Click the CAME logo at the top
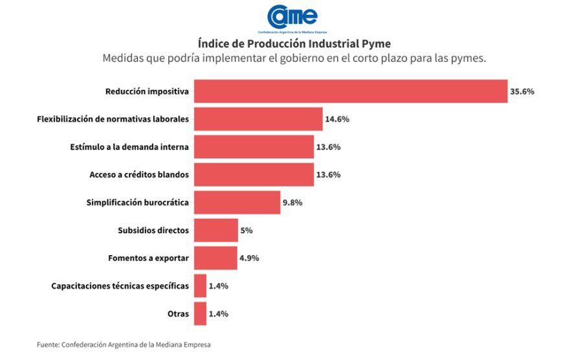293,17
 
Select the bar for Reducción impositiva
351,91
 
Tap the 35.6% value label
522,91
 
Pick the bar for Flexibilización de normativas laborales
258,119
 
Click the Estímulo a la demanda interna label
129,147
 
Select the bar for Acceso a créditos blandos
254,175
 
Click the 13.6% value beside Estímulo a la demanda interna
328,147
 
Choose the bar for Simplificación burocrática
237,203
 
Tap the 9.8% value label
293,203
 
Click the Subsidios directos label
153,231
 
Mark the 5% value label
247,231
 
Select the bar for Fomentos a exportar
215,258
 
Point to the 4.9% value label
249,258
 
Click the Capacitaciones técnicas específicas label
120,286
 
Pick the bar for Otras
200,314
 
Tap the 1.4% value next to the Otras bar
219,314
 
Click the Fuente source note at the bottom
124,345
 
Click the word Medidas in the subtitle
122,59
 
